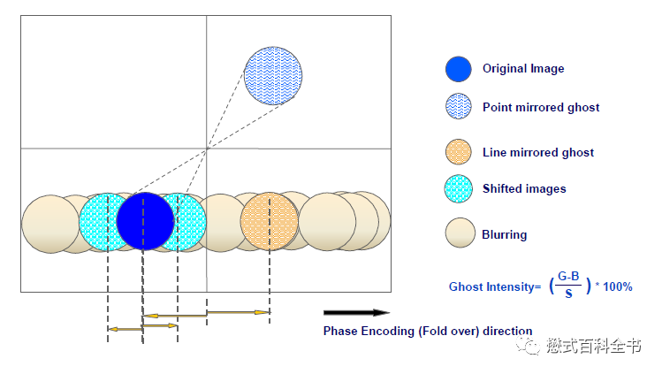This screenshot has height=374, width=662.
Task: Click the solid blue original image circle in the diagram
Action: [x=145, y=221]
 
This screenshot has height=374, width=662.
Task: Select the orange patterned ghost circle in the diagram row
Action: [x=269, y=221]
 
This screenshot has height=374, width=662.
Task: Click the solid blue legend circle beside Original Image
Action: [x=459, y=69]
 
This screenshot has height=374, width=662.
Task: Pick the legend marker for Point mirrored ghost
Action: [x=459, y=107]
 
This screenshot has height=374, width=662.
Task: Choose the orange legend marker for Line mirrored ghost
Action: [x=459, y=152]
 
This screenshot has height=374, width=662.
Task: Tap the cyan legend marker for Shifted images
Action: [x=459, y=188]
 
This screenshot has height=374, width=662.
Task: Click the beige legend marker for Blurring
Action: [x=459, y=234]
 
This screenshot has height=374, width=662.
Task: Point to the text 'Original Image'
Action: [x=522, y=69]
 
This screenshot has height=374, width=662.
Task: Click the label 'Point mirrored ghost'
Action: [x=540, y=108]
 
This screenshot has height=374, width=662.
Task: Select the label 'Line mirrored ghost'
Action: [x=537, y=153]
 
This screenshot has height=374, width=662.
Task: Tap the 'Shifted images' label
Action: [x=523, y=188]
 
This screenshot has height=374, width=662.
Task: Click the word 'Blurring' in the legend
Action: [x=504, y=235]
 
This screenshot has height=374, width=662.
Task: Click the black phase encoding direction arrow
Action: [x=355, y=312]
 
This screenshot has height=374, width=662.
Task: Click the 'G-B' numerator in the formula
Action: [x=569, y=279]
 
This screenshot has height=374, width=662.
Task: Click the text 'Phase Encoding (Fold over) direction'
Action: [x=428, y=332]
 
